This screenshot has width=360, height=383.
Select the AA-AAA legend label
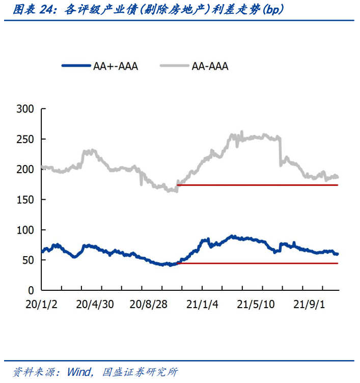(210, 66)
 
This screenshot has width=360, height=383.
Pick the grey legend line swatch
(174, 66)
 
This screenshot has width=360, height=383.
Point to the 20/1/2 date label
(41, 305)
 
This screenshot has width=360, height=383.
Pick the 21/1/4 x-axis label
(202, 305)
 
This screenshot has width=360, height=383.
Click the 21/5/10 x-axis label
(256, 305)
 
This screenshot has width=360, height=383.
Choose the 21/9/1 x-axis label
(309, 305)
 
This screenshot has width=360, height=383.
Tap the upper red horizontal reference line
(257, 185)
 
